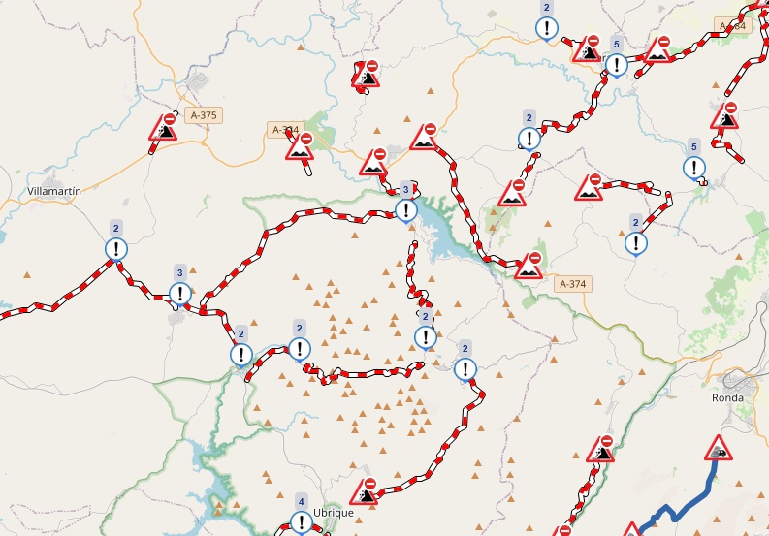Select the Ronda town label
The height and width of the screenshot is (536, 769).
pyautogui.click(x=727, y=397)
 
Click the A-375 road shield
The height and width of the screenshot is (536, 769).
pyautogui.click(x=205, y=115)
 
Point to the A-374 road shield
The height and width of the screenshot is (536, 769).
pyautogui.click(x=573, y=284)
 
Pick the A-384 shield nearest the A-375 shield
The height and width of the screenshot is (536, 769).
pyautogui.click(x=286, y=129)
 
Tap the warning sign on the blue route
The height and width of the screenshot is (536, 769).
pyautogui.click(x=718, y=449)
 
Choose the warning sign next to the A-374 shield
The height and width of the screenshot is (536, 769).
pyautogui.click(x=529, y=265)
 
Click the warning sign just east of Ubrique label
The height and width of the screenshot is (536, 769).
pyautogui.click(x=367, y=490)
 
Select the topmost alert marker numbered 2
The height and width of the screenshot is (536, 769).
pyautogui.click(x=547, y=27)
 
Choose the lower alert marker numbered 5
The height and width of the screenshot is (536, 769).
pyautogui.click(x=693, y=168)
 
